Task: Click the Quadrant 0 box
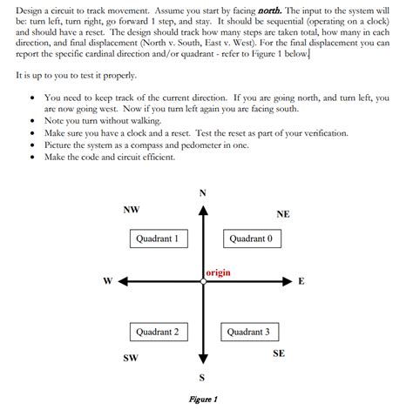click(x=250, y=238)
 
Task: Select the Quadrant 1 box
click(x=158, y=238)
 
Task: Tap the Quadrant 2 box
click(x=158, y=332)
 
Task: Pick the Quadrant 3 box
click(x=249, y=332)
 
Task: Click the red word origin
click(x=219, y=272)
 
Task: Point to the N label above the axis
click(x=203, y=192)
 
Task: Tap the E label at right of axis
click(x=301, y=281)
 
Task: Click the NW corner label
click(x=131, y=210)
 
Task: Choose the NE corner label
click(x=283, y=214)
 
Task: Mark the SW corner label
click(x=131, y=358)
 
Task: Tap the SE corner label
click(x=279, y=353)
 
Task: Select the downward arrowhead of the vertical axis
click(x=203, y=359)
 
